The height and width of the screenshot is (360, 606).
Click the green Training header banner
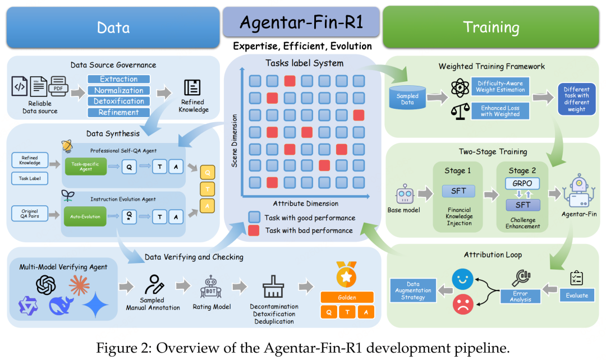tap(490, 26)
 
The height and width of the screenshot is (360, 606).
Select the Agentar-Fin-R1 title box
tap(302, 22)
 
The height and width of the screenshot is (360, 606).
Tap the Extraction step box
tap(119, 80)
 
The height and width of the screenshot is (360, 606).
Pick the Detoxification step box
tap(119, 101)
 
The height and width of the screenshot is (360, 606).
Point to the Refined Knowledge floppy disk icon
tap(192, 87)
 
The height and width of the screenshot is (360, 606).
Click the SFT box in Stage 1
tap(458, 191)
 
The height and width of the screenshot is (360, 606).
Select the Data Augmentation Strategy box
tap(412, 290)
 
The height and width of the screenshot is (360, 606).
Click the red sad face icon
tap(463, 303)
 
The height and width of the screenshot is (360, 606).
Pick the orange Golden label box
tap(346, 297)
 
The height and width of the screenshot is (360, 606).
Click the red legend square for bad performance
tap(254, 230)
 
